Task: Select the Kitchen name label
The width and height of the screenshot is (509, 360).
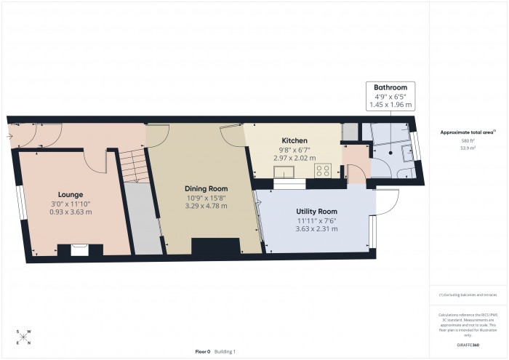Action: pyautogui.click(x=294, y=140)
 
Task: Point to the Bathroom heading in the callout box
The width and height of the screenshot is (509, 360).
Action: pyautogui.click(x=390, y=87)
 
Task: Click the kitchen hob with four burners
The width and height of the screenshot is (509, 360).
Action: pyautogui.click(x=323, y=171)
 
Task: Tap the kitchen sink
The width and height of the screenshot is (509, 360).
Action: pyautogui.click(x=284, y=172)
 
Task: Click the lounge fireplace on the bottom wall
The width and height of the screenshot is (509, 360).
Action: pyautogui.click(x=80, y=249)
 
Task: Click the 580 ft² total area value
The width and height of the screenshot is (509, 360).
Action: pyautogui.click(x=468, y=140)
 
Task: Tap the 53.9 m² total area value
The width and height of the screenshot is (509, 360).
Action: pyautogui.click(x=468, y=148)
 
